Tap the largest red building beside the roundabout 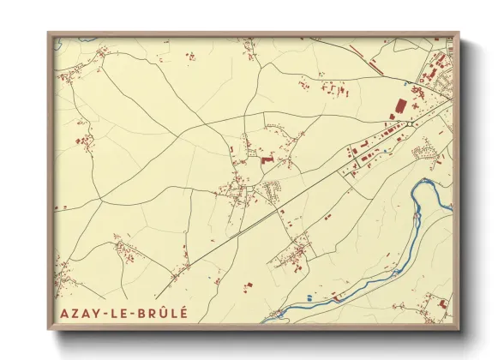coord(399,107)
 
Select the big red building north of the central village coord(266,159)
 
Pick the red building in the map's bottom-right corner coord(441,303)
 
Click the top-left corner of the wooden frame coord(49,33)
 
